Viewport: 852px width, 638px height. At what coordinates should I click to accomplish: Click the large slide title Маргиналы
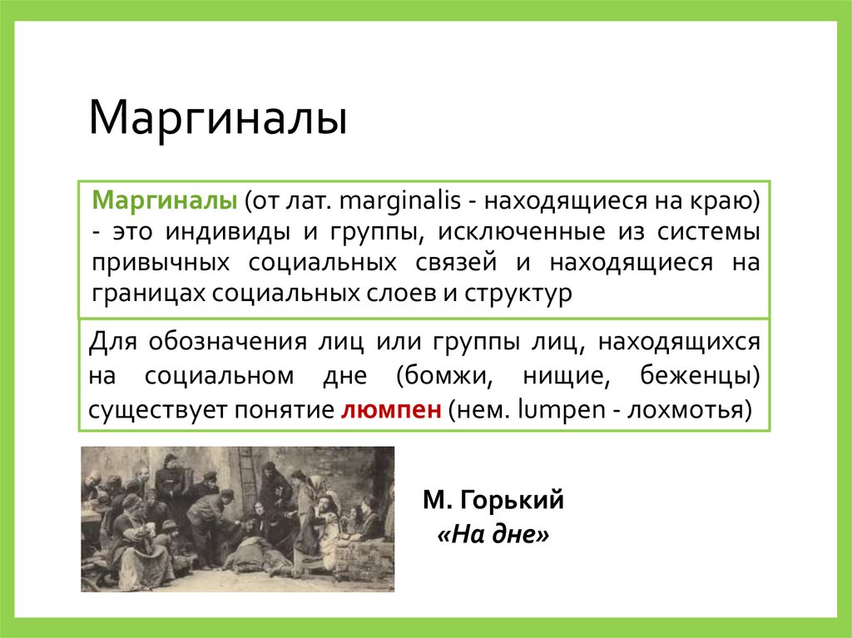(217, 118)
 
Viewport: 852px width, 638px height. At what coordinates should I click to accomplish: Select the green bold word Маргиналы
(166, 201)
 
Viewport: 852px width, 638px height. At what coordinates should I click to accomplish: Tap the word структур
(523, 294)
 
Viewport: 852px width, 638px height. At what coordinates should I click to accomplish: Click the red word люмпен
(389, 410)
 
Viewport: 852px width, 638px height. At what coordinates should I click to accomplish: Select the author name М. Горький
(493, 500)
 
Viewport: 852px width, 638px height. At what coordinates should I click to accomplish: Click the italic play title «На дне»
(493, 536)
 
